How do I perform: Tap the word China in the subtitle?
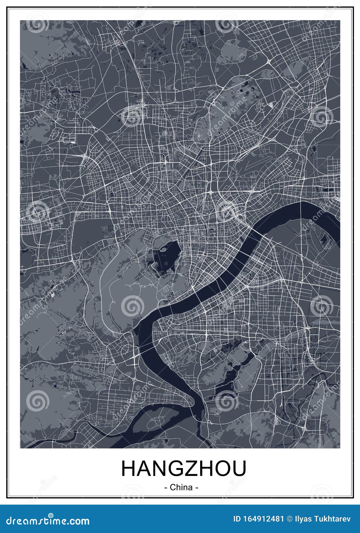click(x=181, y=487)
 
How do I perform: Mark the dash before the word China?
click(x=166, y=488)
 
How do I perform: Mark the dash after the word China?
click(x=197, y=488)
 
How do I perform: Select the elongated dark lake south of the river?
click(x=235, y=372)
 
